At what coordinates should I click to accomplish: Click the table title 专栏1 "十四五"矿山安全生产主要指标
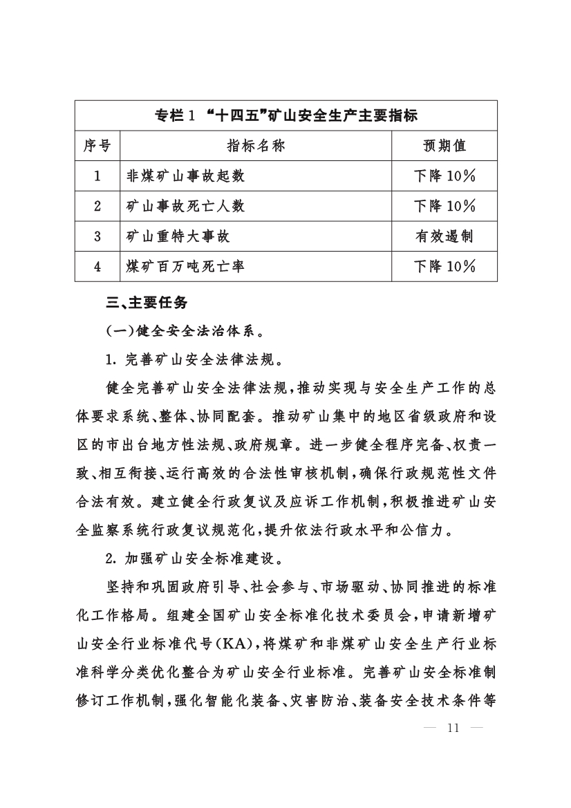285,115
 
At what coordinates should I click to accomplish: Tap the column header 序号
97,146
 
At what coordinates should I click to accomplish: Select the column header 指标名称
256,146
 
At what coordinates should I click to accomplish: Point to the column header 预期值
444,146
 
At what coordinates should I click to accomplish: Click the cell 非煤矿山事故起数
185,176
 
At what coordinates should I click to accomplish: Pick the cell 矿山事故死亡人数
185,206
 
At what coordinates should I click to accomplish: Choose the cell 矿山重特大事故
178,236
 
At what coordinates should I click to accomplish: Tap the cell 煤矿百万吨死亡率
185,267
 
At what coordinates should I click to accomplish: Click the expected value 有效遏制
444,236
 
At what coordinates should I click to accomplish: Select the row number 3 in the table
97,236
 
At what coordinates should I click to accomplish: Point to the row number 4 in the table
97,267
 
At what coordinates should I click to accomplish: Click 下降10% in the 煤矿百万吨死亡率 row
444,267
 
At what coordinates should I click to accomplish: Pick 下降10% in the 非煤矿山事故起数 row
444,176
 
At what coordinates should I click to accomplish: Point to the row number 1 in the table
97,176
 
